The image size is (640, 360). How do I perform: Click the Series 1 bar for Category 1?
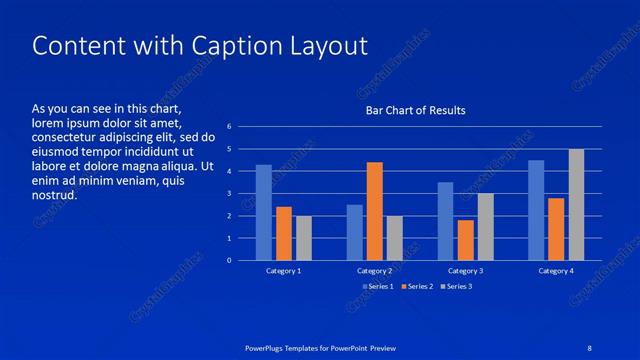(x=264, y=212)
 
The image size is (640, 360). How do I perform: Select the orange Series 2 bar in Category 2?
(x=374, y=211)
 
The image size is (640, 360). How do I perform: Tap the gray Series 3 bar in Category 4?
(x=576, y=204)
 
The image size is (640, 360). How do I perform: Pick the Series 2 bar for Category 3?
(x=465, y=240)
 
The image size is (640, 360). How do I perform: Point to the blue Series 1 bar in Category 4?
(x=536, y=210)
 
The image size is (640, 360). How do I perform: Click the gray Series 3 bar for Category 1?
(x=303, y=238)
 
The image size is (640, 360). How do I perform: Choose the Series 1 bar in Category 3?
(x=445, y=221)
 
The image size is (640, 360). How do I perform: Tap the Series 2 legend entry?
(x=415, y=287)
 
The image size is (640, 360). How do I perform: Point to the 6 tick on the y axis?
(x=229, y=127)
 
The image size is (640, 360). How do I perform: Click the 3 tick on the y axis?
(x=229, y=194)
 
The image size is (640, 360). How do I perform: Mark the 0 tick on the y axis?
(x=229, y=261)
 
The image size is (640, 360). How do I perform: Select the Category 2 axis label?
(x=374, y=271)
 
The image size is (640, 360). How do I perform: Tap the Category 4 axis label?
(x=556, y=271)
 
